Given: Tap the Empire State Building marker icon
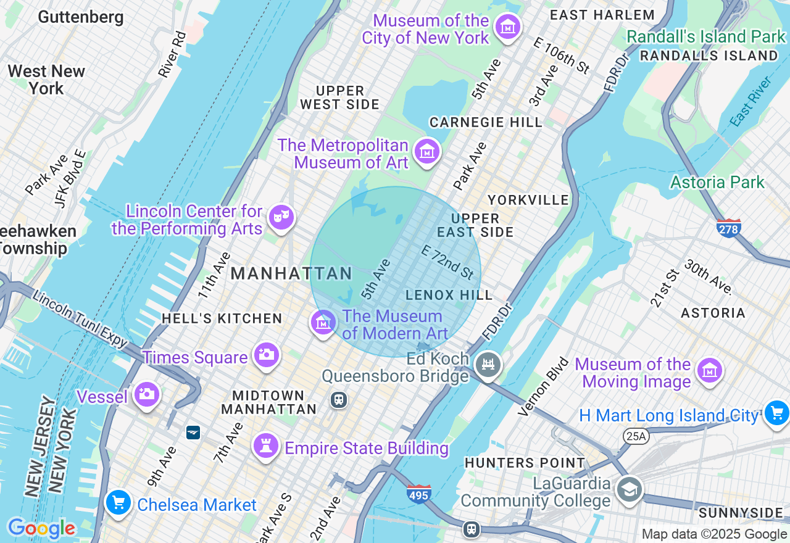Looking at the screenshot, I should pyautogui.click(x=267, y=446).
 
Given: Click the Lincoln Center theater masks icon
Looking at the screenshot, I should pyautogui.click(x=281, y=217).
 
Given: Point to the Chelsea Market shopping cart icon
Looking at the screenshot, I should pyautogui.click(x=118, y=502).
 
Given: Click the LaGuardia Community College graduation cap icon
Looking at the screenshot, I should pyautogui.click(x=629, y=490).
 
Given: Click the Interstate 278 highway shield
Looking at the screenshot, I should pyautogui.click(x=729, y=228).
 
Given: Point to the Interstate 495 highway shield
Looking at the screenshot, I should pyautogui.click(x=418, y=494).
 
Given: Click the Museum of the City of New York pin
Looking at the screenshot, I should pyautogui.click(x=508, y=27).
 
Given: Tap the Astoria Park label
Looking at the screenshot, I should pyautogui.click(x=717, y=183).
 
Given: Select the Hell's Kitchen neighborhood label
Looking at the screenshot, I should pyautogui.click(x=222, y=318).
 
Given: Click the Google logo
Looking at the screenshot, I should pyautogui.click(x=41, y=529).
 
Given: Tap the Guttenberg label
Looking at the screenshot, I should pyautogui.click(x=80, y=17).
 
